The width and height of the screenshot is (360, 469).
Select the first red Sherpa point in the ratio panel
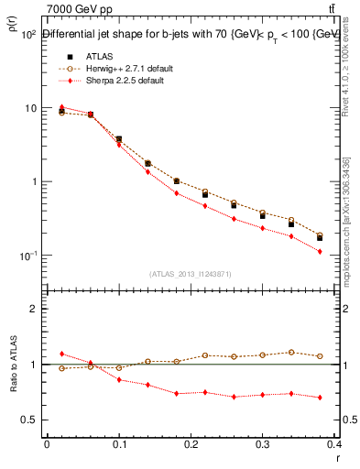[61, 354]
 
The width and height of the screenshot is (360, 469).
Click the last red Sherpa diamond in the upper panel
[345, 251]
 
